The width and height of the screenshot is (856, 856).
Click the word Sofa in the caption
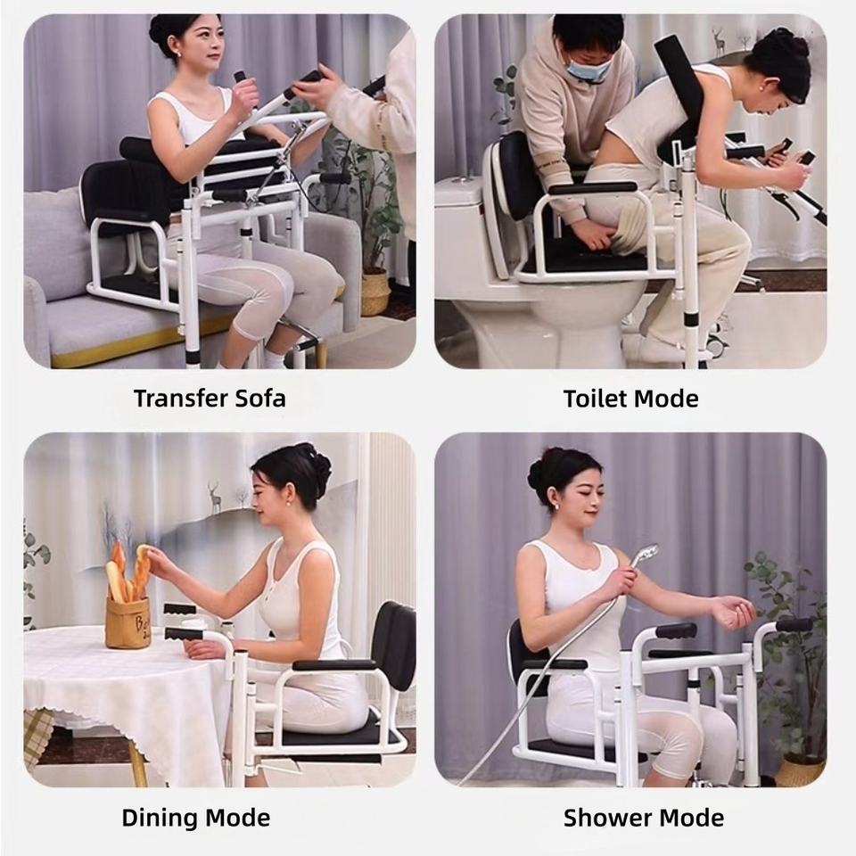coord(260,398)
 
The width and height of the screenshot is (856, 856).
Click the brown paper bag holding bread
coord(128,622)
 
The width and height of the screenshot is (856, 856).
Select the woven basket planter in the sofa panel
coord(375,293)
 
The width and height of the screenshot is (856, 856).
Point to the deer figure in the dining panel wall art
coord(214,497)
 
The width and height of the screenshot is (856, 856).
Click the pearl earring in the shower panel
coord(558,506)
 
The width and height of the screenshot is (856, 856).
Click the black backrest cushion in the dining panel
coord(394,638)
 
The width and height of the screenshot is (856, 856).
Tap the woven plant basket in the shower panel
coord(801,770)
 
